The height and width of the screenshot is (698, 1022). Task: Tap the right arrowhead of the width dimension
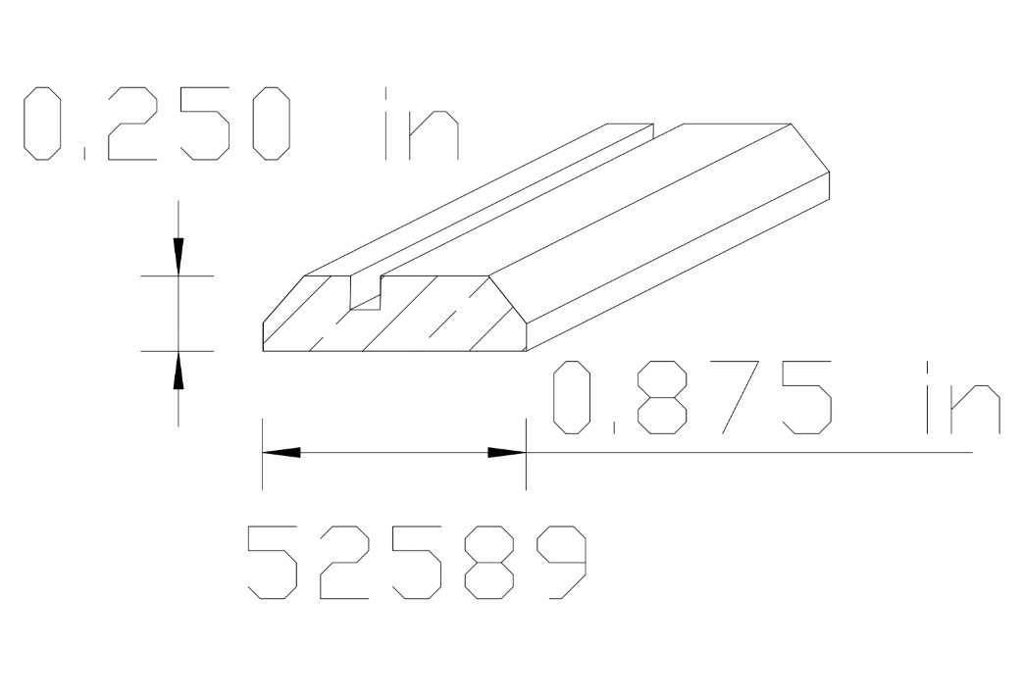pyautogui.click(x=506, y=452)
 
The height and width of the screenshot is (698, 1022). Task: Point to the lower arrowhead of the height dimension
pyautogui.click(x=178, y=371)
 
